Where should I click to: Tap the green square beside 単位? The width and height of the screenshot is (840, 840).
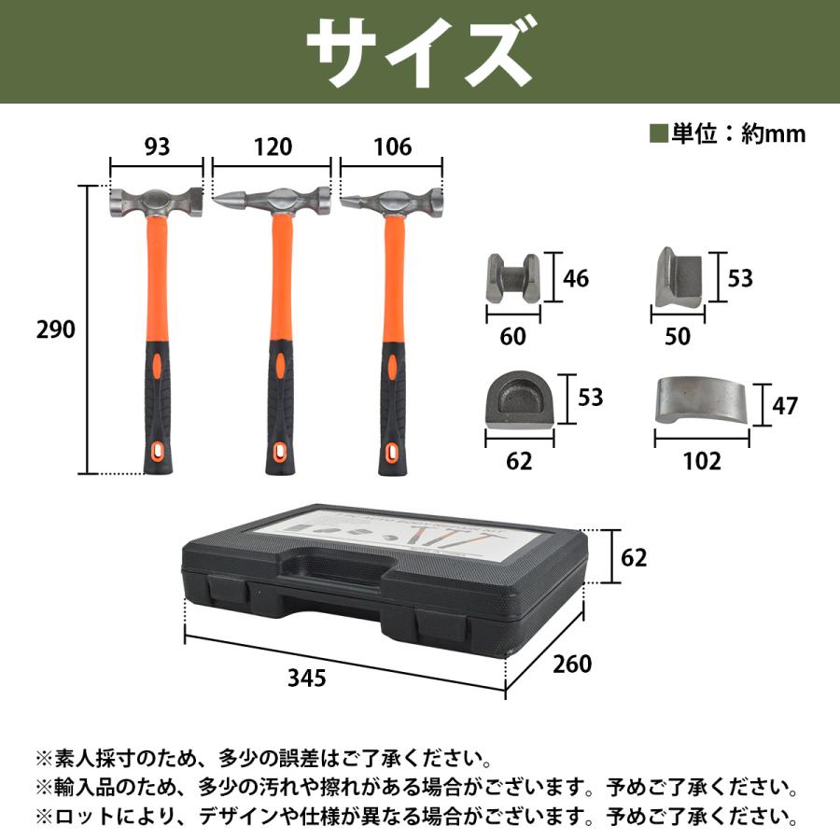pos(659,133)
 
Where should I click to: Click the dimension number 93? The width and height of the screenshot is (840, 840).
pos(157,147)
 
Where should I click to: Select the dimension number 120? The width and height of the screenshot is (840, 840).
pos(272,147)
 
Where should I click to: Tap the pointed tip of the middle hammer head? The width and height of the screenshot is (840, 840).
pos(220,200)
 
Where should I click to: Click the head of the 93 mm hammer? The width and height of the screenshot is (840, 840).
pos(157,202)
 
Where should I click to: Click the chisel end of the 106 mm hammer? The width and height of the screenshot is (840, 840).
pos(348,200)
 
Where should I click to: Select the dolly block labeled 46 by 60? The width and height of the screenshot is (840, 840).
pos(513,277)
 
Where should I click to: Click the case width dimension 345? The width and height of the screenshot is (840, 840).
pos(307,679)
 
